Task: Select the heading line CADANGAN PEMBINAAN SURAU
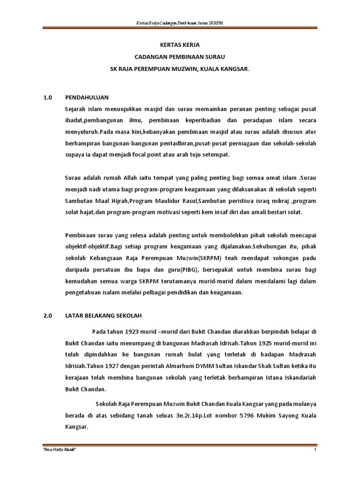[x=180, y=57]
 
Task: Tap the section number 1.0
[x=47, y=97]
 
